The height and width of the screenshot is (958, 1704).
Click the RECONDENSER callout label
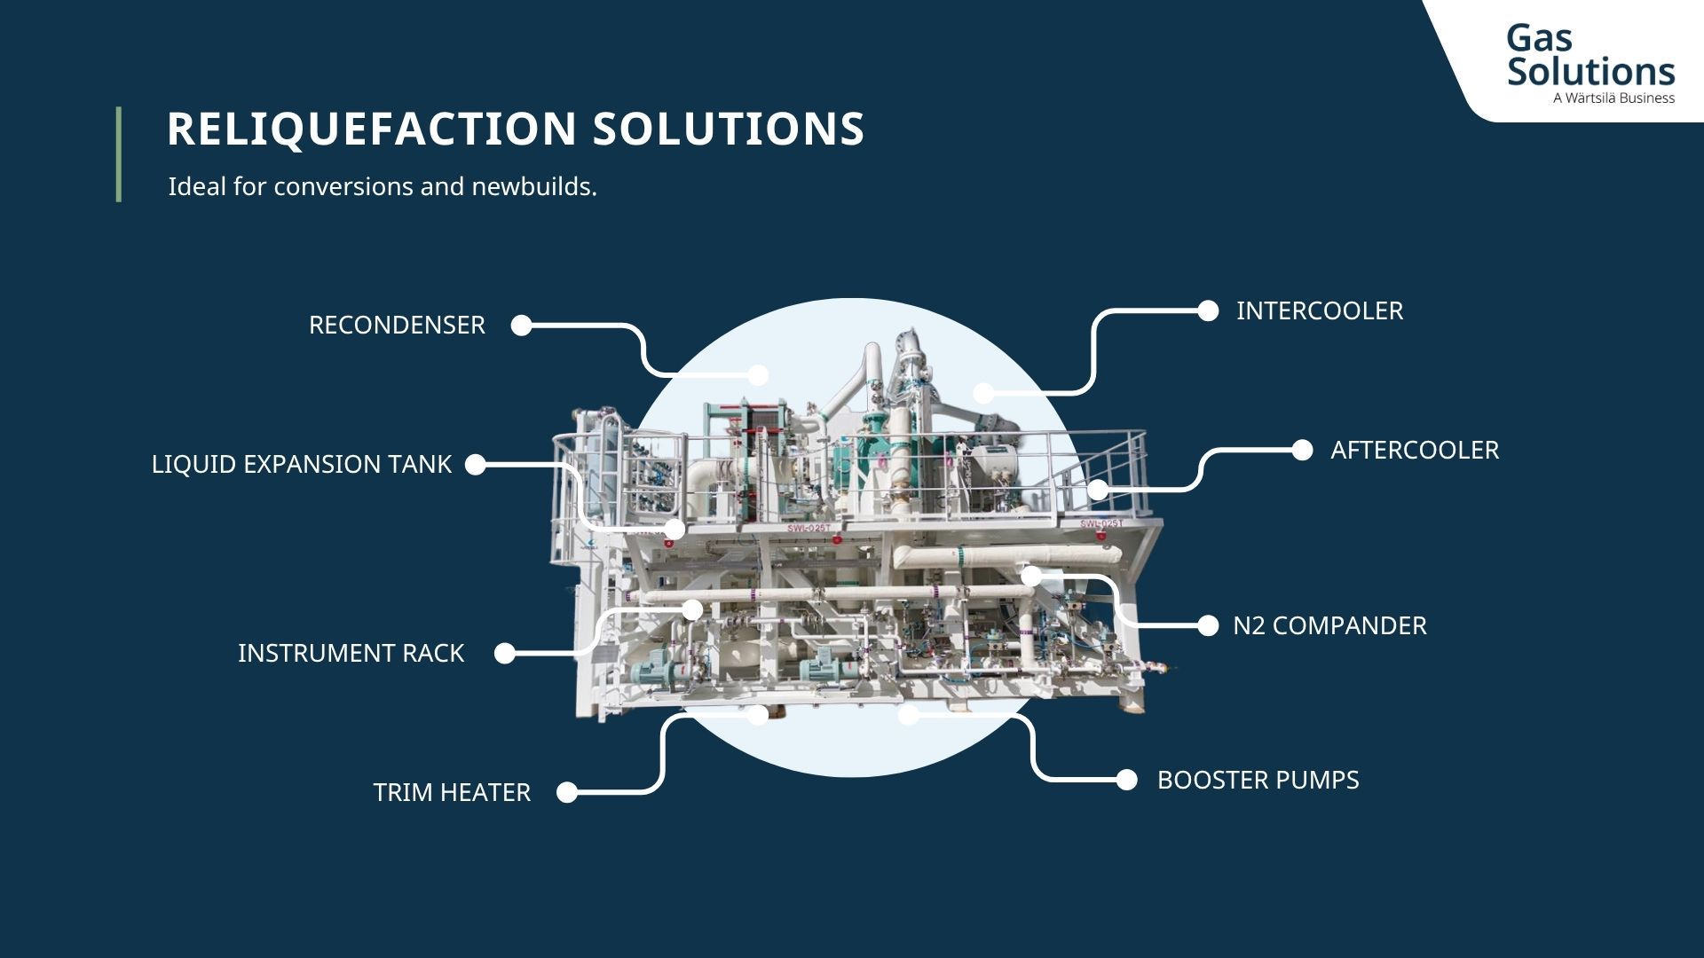pos(397,325)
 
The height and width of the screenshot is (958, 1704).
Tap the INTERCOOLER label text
pos(1320,310)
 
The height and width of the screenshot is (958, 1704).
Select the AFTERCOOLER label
pos(1415,450)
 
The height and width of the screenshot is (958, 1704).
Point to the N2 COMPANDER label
pos(1329,625)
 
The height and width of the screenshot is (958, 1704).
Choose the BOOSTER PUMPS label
pos(1258,780)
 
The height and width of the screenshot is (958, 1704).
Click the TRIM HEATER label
pos(452,792)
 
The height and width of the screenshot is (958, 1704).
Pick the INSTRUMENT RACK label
pos(351,653)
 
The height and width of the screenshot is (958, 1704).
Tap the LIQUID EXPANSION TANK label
pos(302,464)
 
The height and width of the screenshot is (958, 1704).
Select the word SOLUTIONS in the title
pos(729,129)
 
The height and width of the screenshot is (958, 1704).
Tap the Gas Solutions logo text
pos(1590,55)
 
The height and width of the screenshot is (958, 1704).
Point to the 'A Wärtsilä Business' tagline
pos(1613,98)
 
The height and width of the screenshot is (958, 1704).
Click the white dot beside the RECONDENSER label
pos(522,326)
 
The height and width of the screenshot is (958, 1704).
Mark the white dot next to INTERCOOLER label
pos(1208,310)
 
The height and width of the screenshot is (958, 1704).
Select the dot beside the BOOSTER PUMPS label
pos(1126,780)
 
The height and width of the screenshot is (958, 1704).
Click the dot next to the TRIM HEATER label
pos(567,792)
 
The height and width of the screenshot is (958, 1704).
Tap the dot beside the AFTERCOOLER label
pos(1302,450)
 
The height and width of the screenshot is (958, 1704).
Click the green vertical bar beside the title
pos(119,154)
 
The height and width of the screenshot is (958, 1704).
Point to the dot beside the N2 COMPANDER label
pos(1208,625)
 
